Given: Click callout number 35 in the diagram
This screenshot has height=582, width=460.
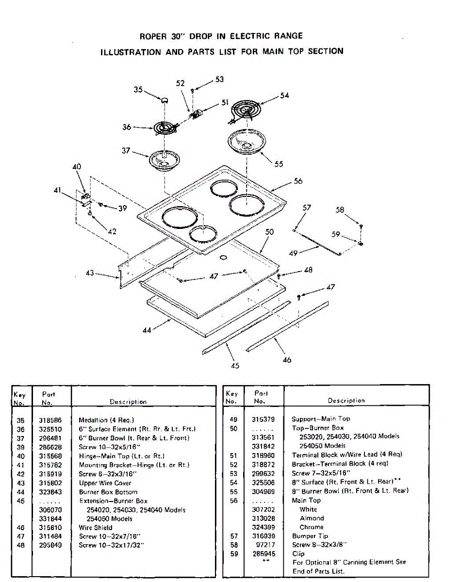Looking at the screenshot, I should (139, 89).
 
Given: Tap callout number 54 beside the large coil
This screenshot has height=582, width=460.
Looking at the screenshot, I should (284, 96).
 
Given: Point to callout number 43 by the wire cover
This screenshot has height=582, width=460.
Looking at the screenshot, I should (90, 273).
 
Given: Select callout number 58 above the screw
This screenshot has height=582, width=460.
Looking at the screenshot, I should (340, 210).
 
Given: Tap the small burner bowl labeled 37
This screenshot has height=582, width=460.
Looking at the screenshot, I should (165, 160).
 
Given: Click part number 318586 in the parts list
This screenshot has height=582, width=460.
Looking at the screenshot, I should (49, 420).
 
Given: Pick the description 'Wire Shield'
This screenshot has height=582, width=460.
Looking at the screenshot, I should (96, 527).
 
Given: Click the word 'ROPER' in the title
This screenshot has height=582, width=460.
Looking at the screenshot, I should (153, 36).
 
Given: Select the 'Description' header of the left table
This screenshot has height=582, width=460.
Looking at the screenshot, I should (128, 402).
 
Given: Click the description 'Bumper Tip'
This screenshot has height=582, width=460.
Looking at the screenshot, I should (310, 536).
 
